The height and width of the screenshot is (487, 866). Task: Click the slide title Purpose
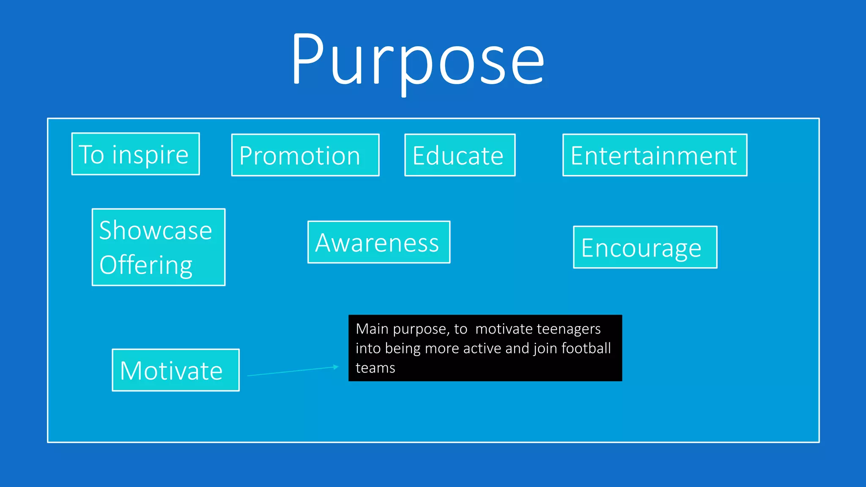pyautogui.click(x=418, y=59)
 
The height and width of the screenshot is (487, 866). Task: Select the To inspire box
pyautogui.click(x=135, y=154)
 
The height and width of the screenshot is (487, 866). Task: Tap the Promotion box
pyautogui.click(x=305, y=155)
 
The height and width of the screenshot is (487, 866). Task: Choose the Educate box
pyautogui.click(x=460, y=155)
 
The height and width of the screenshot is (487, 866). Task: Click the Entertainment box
pyautogui.click(x=655, y=155)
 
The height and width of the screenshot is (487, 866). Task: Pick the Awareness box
pyautogui.click(x=378, y=242)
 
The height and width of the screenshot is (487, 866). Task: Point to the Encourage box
pyautogui.click(x=645, y=247)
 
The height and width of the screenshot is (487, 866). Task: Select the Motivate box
pyautogui.click(x=175, y=370)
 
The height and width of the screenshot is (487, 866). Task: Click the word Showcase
pyautogui.click(x=156, y=230)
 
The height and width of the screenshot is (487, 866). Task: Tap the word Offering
pyautogui.click(x=146, y=265)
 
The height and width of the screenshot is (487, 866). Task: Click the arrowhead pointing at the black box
pyautogui.click(x=336, y=367)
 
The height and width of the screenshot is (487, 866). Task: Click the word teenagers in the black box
pyautogui.click(x=569, y=329)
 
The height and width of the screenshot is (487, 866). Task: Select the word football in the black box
pyautogui.click(x=586, y=348)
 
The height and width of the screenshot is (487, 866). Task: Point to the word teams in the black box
pyautogui.click(x=375, y=368)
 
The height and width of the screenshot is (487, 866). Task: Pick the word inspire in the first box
pyautogui.click(x=150, y=155)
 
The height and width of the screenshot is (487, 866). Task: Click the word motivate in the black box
pyautogui.click(x=504, y=329)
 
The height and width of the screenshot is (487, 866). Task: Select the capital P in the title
pyautogui.click(x=308, y=59)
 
